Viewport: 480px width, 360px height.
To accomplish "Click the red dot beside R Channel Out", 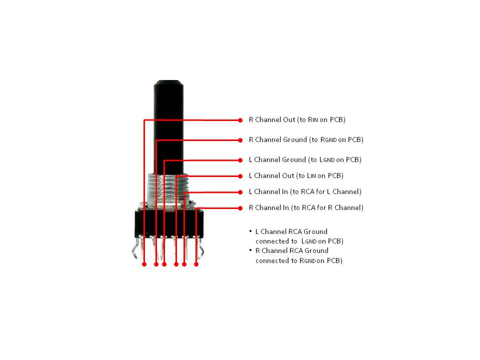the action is coord(240,120).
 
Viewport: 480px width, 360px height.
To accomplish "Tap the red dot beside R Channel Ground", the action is coord(240,140).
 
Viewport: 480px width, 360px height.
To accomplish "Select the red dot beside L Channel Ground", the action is coord(240,160).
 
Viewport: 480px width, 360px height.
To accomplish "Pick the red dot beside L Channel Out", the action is coord(240,176).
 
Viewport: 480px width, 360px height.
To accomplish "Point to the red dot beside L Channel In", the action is coord(240,192).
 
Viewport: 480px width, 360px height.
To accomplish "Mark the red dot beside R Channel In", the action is coord(240,208).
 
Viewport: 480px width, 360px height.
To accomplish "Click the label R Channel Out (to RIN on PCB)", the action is coord(297,119).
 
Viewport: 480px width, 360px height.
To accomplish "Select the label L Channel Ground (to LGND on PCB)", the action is coord(305,160).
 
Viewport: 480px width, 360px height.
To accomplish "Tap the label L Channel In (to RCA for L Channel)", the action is coord(305,191).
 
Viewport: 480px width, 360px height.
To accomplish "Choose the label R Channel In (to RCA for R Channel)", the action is coord(306,207).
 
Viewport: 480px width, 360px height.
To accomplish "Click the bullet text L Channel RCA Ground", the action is coord(291,231).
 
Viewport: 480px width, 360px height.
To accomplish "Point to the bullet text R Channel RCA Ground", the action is coord(291,250).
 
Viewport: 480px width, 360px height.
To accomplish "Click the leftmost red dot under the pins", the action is coord(144,264).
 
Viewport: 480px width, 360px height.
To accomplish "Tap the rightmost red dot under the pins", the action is coord(196,264).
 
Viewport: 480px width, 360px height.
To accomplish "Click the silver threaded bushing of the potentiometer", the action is coord(168,189).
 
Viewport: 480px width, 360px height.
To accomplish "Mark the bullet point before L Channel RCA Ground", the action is coord(250,231).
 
